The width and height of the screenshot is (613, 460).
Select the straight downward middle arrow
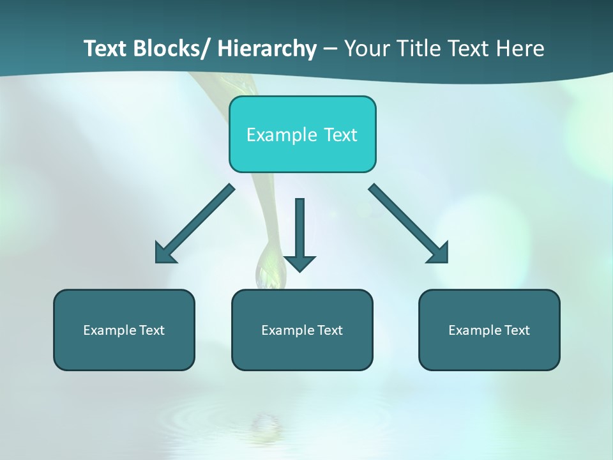[299, 230]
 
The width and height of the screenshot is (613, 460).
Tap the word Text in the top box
[340, 135]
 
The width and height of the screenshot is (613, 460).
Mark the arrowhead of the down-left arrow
[163, 254]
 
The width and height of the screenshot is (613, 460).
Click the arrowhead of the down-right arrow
[439, 253]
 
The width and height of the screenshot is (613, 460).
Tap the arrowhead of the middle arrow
[299, 263]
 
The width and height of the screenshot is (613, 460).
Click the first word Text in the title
[105, 49]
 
